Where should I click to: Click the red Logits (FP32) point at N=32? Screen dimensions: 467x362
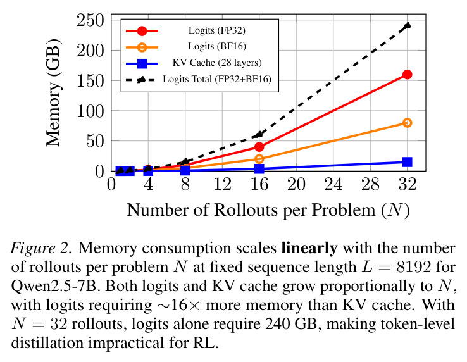click(x=407, y=74)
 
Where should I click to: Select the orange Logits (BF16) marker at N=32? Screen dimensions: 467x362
click(x=407, y=123)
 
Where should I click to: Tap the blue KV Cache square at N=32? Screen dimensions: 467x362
click(x=407, y=162)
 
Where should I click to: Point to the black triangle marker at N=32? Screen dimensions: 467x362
click(x=407, y=25)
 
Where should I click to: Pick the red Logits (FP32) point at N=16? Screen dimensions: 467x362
click(x=259, y=147)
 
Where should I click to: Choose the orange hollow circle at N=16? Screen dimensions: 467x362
click(x=259, y=159)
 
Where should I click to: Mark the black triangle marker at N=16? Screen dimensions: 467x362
click(x=259, y=134)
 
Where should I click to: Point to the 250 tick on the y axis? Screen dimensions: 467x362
click(x=90, y=20)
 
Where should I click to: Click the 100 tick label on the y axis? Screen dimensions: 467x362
click(x=90, y=111)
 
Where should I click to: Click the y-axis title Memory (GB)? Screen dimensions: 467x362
click(x=54, y=92)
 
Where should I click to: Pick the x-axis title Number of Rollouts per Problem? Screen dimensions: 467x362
click(x=251, y=210)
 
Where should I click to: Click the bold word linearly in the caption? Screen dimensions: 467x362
click(x=309, y=248)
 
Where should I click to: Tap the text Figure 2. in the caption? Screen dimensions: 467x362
click(x=41, y=248)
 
